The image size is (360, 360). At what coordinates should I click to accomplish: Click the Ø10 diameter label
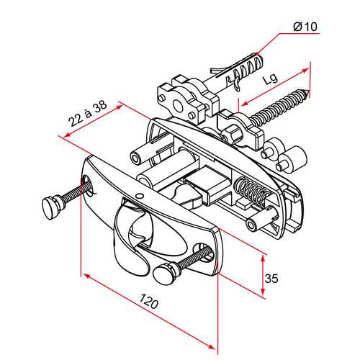(x=305, y=27)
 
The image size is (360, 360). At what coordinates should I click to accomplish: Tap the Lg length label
(x=270, y=78)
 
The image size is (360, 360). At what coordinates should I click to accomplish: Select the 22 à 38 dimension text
(x=88, y=114)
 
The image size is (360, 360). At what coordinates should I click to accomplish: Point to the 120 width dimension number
(x=149, y=301)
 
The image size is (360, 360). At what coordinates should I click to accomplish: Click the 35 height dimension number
(x=271, y=279)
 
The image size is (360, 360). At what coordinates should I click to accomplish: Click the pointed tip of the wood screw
(x=308, y=91)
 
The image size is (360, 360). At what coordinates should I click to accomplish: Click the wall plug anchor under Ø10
(x=236, y=72)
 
